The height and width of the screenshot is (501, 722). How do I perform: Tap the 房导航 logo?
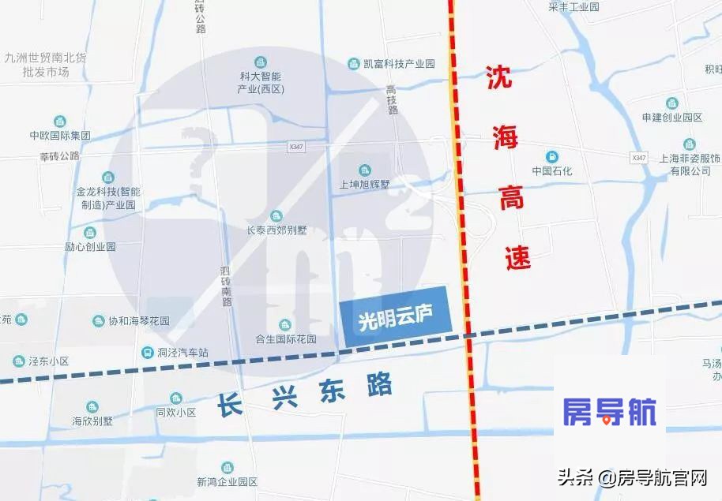[609, 412]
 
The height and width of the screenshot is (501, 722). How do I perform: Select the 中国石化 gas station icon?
[552, 155]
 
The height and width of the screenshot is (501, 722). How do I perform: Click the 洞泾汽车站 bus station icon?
[147, 353]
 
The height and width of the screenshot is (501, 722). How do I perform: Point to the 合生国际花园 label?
[285, 339]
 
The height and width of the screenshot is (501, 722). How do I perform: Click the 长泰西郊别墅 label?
[276, 231]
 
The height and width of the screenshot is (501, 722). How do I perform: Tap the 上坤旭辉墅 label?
[364, 184]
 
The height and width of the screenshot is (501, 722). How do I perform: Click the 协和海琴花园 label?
[139, 321]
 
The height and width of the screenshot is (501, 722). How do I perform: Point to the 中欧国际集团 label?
[59, 135]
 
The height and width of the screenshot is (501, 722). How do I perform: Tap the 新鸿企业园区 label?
[228, 481]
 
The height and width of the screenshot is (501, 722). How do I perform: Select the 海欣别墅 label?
[92, 421]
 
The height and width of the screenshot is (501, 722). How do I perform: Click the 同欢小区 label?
[175, 412]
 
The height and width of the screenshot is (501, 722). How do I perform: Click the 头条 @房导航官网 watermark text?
[632, 477]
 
